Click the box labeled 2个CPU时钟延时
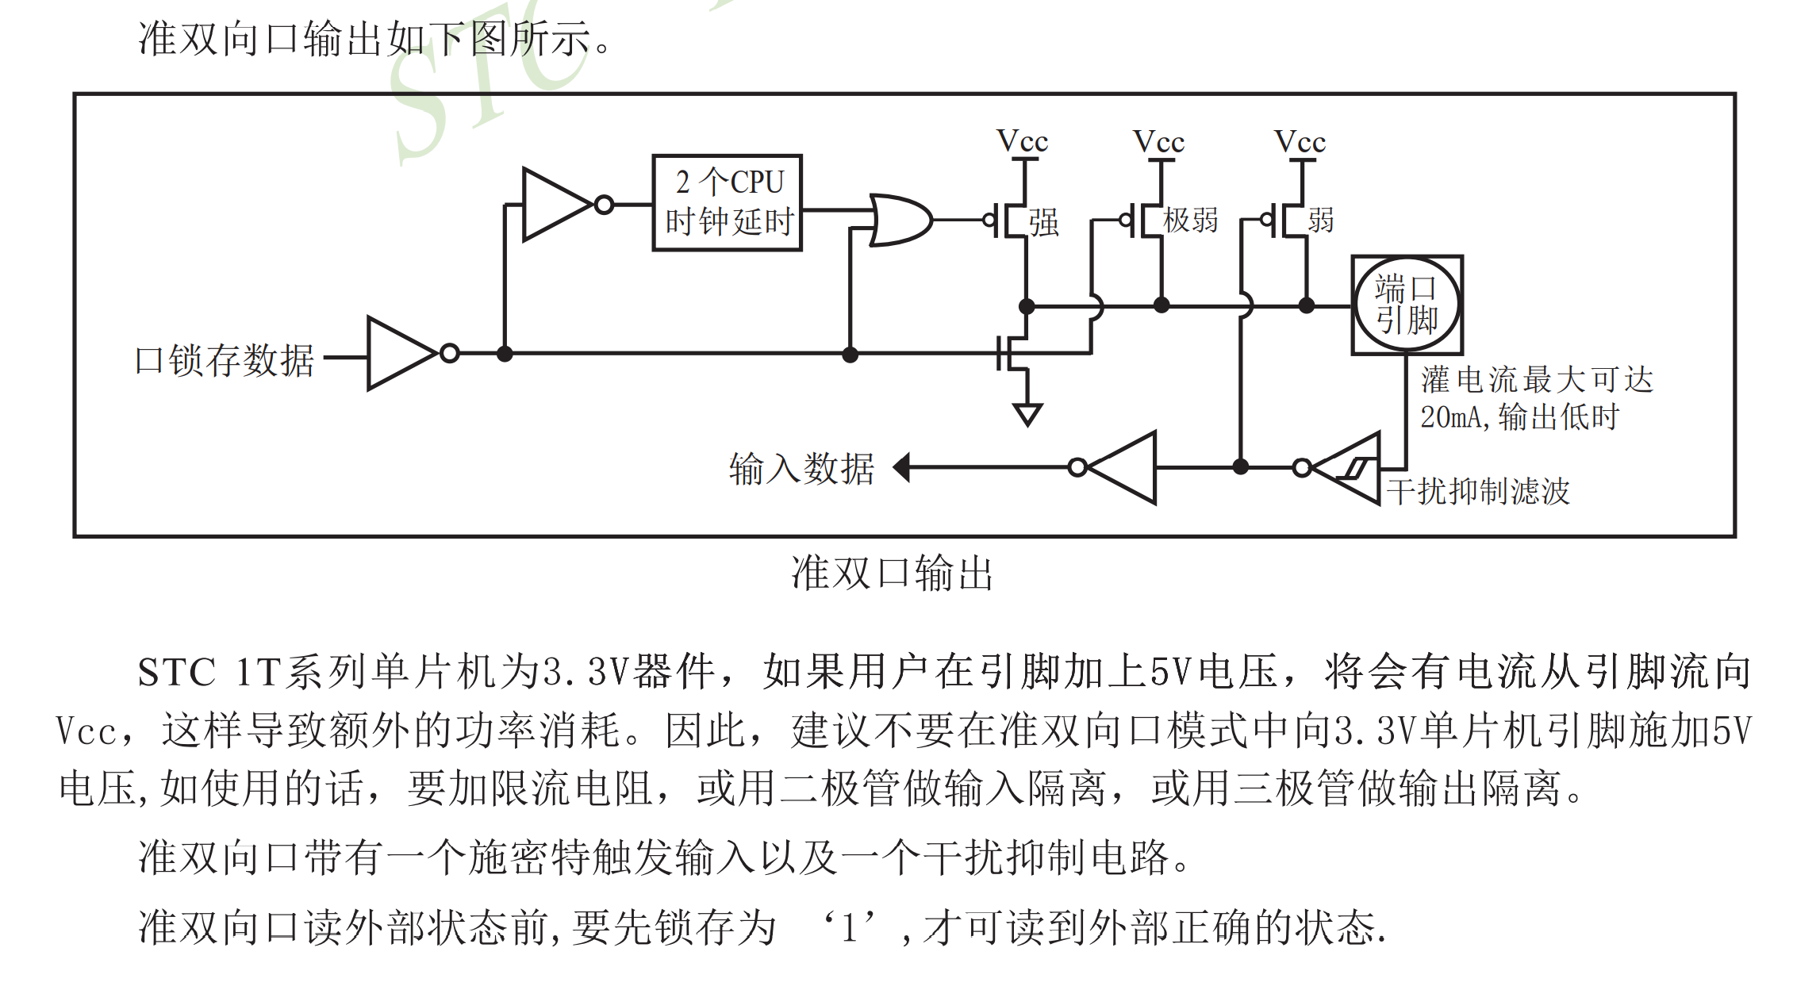tap(727, 203)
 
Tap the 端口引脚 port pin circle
tap(1407, 305)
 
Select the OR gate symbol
tap(899, 220)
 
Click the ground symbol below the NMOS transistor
tap(1027, 413)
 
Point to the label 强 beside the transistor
tap(1044, 223)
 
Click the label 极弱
tap(1190, 221)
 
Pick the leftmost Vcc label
tap(1023, 142)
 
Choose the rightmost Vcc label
tap(1300, 142)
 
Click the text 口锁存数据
tap(225, 360)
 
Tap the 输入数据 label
tap(801, 468)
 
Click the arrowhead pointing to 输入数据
tap(901, 467)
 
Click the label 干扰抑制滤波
tap(1477, 491)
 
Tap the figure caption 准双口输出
tap(892, 573)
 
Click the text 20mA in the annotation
tap(1449, 417)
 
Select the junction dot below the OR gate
tap(850, 355)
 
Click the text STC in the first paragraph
tap(176, 673)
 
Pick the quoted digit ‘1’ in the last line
tap(850, 927)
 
